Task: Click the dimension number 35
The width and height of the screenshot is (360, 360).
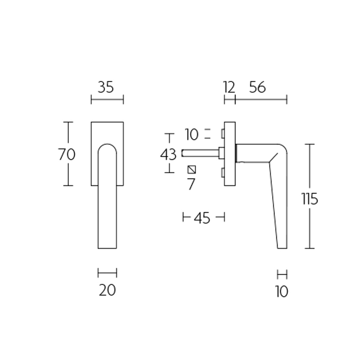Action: pyautogui.click(x=106, y=87)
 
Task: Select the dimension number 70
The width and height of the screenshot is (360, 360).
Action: pyautogui.click(x=67, y=154)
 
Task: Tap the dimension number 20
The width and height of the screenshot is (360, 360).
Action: pyautogui.click(x=107, y=290)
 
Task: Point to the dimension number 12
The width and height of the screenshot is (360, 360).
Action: pyautogui.click(x=229, y=87)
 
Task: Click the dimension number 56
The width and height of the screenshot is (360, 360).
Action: pyautogui.click(x=257, y=87)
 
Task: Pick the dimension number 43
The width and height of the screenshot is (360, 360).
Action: pyautogui.click(x=169, y=154)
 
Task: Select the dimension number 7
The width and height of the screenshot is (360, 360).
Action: pyautogui.click(x=192, y=184)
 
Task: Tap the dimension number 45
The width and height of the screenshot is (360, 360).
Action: pyautogui.click(x=202, y=218)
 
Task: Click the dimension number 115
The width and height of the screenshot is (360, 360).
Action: pyautogui.click(x=310, y=198)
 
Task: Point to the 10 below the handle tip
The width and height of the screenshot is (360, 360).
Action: pyautogui.click(x=282, y=292)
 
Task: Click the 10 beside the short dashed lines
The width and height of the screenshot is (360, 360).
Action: pyautogui.click(x=192, y=134)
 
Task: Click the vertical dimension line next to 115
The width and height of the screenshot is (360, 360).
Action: pyautogui.click(x=310, y=171)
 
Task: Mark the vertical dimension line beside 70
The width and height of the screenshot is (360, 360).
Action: pyautogui.click(x=68, y=135)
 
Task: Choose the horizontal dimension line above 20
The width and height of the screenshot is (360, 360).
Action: pyautogui.click(x=107, y=272)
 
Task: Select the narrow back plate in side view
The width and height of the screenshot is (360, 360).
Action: pyautogui.click(x=230, y=153)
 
